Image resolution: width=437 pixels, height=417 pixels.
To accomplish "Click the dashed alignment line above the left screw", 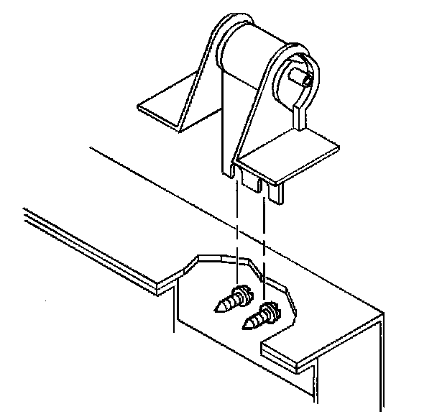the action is pos(236,230).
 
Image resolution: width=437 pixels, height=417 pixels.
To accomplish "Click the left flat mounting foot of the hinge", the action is pos(162,108).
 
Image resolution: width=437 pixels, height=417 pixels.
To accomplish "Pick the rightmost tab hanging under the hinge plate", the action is pos(277,191).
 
